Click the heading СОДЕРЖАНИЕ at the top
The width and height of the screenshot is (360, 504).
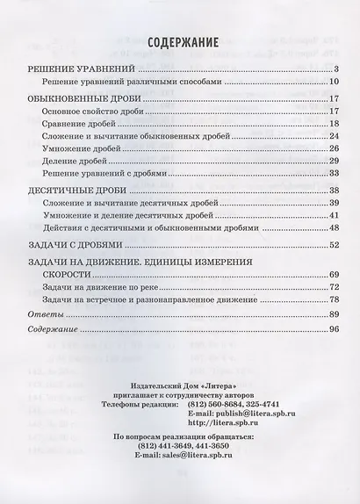pyautogui.click(x=180, y=40)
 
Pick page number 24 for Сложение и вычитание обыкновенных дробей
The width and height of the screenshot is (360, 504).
pyautogui.click(x=335, y=137)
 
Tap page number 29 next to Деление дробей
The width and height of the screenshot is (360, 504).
pyautogui.click(x=335, y=162)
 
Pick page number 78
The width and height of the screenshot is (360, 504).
pyautogui.click(x=335, y=300)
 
